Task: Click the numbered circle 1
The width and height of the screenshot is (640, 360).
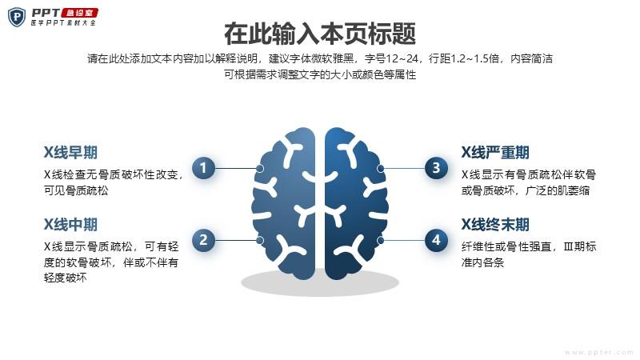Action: coord(203,168)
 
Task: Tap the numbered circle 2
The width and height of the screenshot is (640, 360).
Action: coord(203,240)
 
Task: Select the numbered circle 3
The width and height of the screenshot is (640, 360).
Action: coord(436,168)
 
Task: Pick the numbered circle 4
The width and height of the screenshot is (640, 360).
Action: coord(436,240)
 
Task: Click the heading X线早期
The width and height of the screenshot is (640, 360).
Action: coord(70,153)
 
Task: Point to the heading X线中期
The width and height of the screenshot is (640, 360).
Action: coord(70,225)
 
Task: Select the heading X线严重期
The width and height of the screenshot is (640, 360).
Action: coord(495,153)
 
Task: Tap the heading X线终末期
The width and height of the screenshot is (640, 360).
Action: coord(495,225)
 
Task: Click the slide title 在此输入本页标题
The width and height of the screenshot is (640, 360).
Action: coord(320,34)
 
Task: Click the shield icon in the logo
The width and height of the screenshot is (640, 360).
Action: coord(17,17)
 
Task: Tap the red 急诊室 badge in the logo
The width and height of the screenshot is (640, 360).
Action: coord(79,13)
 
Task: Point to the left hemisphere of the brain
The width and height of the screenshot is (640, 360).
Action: coord(284,203)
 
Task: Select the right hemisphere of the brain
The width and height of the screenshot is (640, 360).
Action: coord(356,203)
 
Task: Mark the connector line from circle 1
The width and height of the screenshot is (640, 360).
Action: coord(236,168)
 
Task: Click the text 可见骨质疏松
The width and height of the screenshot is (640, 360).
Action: coord(76,190)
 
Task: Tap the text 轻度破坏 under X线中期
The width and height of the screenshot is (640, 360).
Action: coord(66,278)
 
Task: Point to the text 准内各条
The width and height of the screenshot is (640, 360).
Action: coord(483,262)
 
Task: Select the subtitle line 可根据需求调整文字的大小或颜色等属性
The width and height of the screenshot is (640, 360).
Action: coord(320,74)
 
